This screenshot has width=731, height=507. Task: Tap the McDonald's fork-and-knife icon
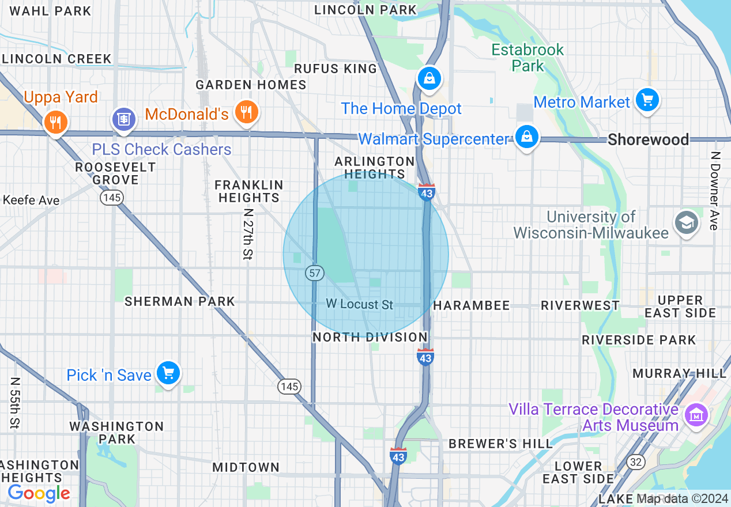pyautogui.click(x=246, y=112)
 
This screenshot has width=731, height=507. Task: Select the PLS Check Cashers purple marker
pyautogui.click(x=122, y=119)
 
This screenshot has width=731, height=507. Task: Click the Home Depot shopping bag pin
pyautogui.click(x=429, y=78)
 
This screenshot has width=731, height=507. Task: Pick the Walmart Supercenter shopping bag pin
pyautogui.click(x=526, y=137)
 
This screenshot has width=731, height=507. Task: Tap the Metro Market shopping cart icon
pyautogui.click(x=647, y=100)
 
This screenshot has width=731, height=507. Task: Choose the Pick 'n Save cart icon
pyautogui.click(x=168, y=373)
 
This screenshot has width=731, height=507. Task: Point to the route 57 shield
pyautogui.click(x=315, y=273)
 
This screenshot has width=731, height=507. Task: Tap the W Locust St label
pyautogui.click(x=359, y=304)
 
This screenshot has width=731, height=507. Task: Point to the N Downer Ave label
pyautogui.click(x=715, y=191)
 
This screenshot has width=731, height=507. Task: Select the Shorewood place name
pyautogui.click(x=648, y=139)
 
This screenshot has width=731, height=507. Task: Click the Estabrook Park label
pyautogui.click(x=527, y=58)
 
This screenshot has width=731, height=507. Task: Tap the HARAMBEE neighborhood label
pyautogui.click(x=471, y=305)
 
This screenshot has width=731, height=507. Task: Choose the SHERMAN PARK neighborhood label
pyautogui.click(x=180, y=301)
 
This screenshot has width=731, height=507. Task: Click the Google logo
pyautogui.click(x=39, y=493)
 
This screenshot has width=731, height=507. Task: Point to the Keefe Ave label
pyautogui.click(x=31, y=200)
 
